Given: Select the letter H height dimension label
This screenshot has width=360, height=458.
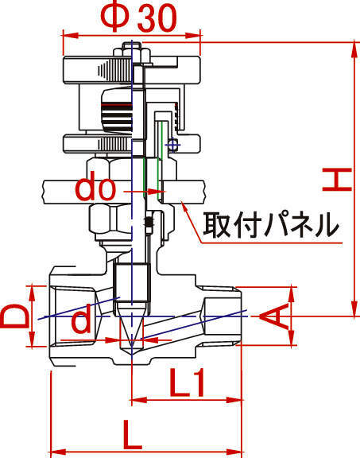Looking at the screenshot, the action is (337, 180).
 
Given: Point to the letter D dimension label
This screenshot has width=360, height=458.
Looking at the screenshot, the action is (15, 316).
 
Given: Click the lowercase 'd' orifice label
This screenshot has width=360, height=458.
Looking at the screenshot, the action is (81, 322).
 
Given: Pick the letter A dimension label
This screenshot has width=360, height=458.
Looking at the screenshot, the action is (273, 316).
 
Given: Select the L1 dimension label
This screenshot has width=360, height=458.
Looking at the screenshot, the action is (187, 382).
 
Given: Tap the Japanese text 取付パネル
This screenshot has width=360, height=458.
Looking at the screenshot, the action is (271, 225).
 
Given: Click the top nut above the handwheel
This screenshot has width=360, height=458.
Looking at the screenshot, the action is (132, 51).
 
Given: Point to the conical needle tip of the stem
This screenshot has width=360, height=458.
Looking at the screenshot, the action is (132, 325).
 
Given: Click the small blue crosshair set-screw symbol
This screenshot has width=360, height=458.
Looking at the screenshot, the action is (173, 144).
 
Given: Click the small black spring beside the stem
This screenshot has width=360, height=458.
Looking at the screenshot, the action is (149, 223).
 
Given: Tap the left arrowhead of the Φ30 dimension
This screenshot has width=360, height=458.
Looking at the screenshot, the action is (71, 36).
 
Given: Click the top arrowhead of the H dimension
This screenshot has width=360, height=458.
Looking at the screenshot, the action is (354, 50).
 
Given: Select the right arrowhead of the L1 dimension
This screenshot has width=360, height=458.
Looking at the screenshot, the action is (234, 400).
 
